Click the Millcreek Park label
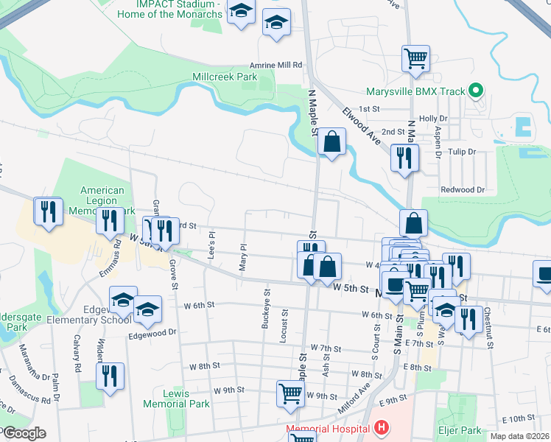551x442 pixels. point(224,77)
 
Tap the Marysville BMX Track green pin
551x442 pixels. point(476,91)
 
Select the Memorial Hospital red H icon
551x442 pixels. point(380,427)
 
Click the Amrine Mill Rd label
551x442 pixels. point(277,65)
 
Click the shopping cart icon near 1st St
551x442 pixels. point(415,58)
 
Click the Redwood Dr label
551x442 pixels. point(462,189)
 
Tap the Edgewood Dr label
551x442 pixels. point(153,332)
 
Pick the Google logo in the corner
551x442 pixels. point(24,432)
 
